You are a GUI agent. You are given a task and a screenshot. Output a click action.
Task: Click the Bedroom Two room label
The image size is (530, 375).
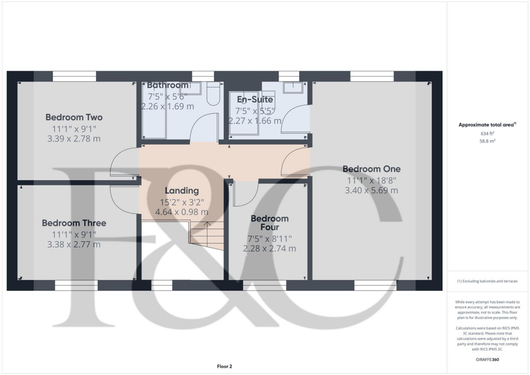[x=74, y=117]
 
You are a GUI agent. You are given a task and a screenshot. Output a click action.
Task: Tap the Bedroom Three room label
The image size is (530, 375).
[x=74, y=223]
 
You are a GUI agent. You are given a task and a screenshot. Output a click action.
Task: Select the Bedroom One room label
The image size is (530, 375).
[x=371, y=169]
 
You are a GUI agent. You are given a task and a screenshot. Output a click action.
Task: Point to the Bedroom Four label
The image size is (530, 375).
[x=269, y=223]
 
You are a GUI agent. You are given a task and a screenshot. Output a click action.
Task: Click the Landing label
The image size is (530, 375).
[x=182, y=191]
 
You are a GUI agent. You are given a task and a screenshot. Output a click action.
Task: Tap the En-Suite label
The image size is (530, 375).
[x=255, y=99]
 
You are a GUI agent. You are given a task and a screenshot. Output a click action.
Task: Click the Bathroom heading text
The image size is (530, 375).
[x=168, y=85]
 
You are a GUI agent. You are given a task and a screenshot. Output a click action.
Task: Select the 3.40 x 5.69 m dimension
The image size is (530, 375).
[x=371, y=190]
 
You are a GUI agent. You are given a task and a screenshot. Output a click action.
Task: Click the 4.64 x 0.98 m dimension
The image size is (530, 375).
[x=182, y=212]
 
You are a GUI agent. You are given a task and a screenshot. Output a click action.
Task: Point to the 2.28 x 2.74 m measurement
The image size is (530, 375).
[x=269, y=249]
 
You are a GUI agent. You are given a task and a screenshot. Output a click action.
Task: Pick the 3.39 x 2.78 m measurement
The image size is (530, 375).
[x=74, y=138]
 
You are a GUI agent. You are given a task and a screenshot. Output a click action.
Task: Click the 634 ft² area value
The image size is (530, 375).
[x=488, y=133]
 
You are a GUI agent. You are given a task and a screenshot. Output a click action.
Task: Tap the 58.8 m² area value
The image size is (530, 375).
[x=488, y=140]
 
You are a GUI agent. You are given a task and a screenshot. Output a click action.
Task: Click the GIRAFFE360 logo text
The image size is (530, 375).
[x=488, y=359]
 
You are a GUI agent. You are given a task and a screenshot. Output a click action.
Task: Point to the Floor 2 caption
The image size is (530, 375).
[x=224, y=367]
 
